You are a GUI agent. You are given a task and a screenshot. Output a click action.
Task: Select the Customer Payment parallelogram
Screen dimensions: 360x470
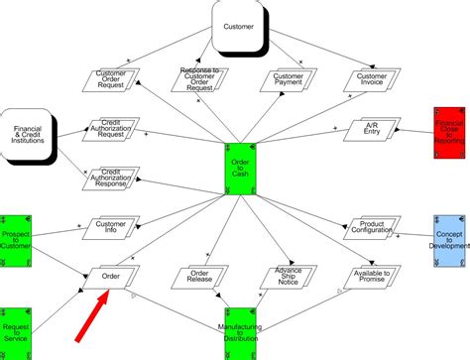point(289,80)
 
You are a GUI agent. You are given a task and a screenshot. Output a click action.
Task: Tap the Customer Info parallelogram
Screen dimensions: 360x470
point(110,230)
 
